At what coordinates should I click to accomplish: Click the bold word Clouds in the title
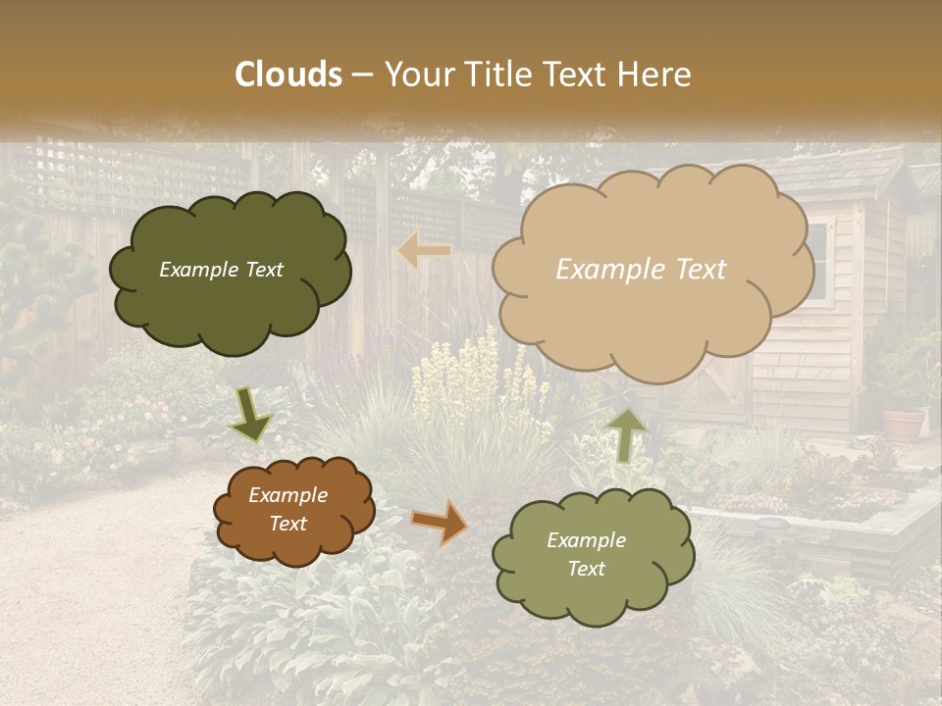coord(288,75)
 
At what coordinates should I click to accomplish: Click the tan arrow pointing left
coord(426,251)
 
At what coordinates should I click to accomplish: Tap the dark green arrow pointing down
coord(250,415)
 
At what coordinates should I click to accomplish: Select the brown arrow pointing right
coord(440,522)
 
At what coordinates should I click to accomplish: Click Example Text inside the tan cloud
coord(641,270)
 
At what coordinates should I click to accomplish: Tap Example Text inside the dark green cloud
coord(221,270)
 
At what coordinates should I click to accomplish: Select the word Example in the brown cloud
coord(288,495)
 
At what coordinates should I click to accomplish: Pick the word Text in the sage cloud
coord(586,569)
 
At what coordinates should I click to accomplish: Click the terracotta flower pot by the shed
coord(904,424)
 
